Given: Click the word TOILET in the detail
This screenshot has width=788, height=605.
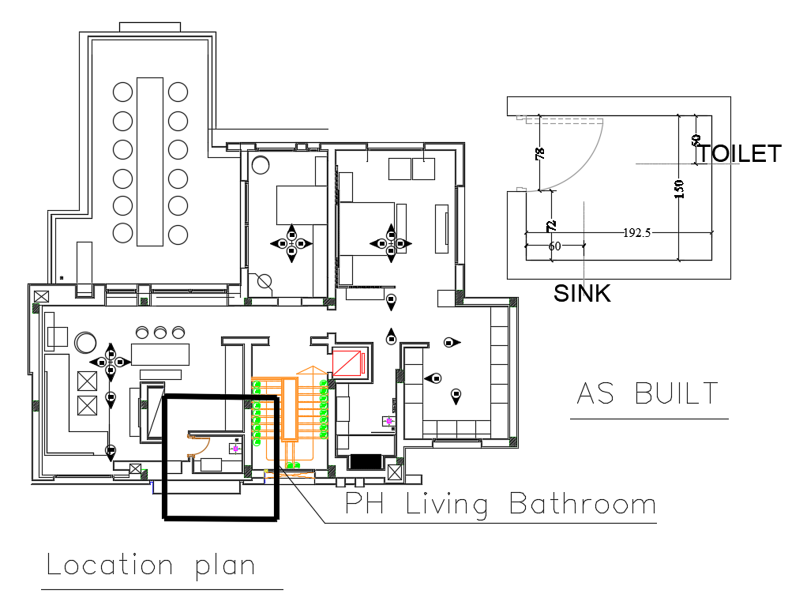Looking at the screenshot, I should tap(739, 153).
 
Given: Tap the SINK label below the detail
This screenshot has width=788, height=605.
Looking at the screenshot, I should tap(582, 293).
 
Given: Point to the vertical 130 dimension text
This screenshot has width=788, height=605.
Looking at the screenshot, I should tap(678, 190).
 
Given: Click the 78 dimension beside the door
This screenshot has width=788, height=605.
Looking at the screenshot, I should tap(540, 153).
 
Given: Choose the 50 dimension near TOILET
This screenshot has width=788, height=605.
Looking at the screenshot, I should tap(696, 140).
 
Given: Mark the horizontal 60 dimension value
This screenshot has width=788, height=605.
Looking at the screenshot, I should tap(554, 246).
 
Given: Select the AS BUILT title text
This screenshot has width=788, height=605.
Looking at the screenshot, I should tap(648, 393).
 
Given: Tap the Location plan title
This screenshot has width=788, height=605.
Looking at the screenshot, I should tap(151, 566).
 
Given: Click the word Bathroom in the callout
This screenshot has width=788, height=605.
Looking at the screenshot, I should tap(582, 504).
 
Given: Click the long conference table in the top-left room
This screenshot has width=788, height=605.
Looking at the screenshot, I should tap(149, 162).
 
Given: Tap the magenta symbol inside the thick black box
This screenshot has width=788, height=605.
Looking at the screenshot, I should tap(235, 449).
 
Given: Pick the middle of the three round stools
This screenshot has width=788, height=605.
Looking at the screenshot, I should tap(160, 333).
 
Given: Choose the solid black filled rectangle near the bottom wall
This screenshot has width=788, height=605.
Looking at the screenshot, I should tap(364, 461).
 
